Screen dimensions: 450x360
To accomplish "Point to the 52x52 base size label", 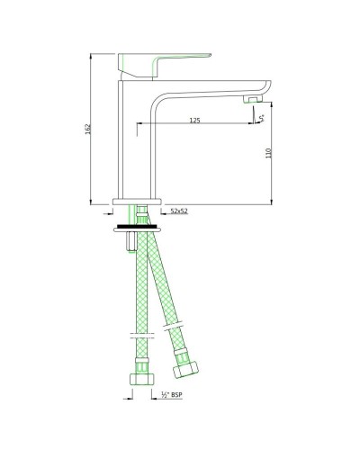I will tap(178, 211).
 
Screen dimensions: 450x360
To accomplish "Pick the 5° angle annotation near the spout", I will tap(261, 115).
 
